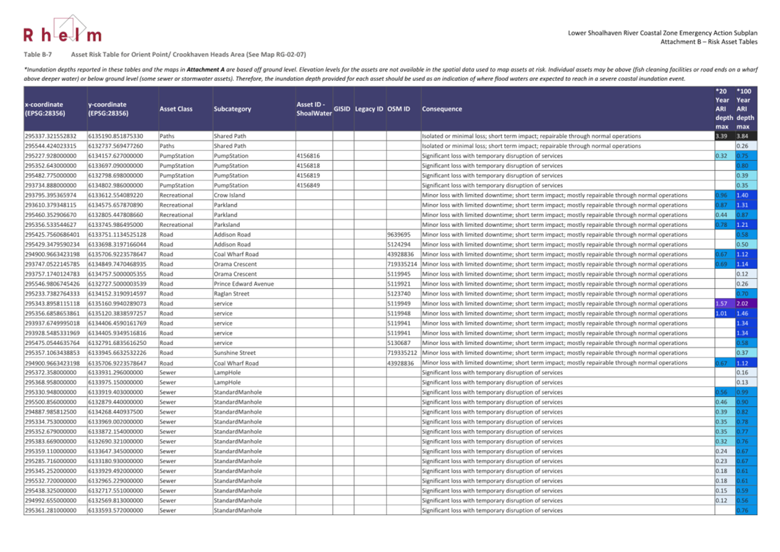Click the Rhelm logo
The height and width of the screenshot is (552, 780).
pyautogui.click(x=63, y=31)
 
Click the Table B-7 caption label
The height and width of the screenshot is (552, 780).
pyautogui.click(x=37, y=54)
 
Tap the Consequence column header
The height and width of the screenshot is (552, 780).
pyautogui.click(x=442, y=109)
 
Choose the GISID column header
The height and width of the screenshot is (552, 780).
pyautogui.click(x=342, y=109)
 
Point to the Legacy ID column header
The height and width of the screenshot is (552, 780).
pyautogui.click(x=369, y=109)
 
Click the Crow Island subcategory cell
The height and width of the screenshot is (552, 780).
pyautogui.click(x=229, y=195)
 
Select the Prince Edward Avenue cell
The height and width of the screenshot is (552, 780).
pyautogui.click(x=244, y=284)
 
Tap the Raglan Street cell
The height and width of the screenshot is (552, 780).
pyautogui.click(x=231, y=294)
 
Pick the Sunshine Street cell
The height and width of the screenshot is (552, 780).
pyautogui.click(x=234, y=353)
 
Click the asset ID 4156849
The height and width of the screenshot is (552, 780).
pyautogui.click(x=308, y=185)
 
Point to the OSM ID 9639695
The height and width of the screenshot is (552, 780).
pyautogui.click(x=399, y=234)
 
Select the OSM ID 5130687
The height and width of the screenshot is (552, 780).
pyautogui.click(x=399, y=343)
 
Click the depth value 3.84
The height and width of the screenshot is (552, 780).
pyautogui.click(x=743, y=136)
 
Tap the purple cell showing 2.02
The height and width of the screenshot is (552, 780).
pyautogui.click(x=743, y=304)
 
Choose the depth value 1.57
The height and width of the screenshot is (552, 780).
pyautogui.click(x=721, y=304)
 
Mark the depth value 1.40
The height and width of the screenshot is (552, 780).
pyautogui.click(x=743, y=195)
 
